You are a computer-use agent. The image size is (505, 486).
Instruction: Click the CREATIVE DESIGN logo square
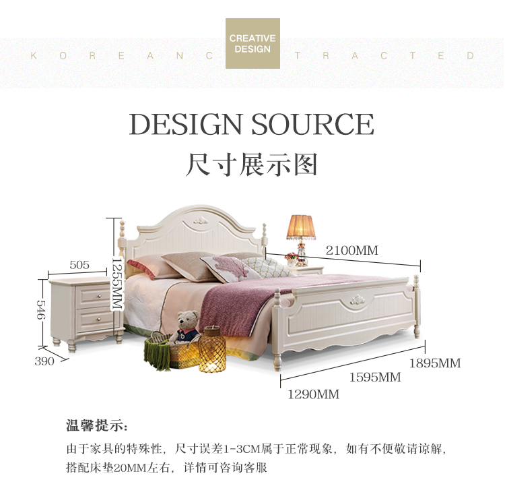click(x=252, y=43)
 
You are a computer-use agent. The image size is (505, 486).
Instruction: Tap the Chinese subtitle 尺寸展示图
click(x=251, y=164)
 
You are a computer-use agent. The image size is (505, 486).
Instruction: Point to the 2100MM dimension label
click(x=351, y=251)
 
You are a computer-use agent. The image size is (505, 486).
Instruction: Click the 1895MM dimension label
click(x=435, y=363)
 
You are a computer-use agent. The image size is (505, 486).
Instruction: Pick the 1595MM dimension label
click(x=374, y=377)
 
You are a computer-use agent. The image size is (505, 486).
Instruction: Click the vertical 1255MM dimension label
click(x=116, y=282)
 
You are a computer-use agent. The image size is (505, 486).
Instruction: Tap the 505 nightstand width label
click(x=79, y=265)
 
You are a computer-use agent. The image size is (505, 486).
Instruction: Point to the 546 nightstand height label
click(x=40, y=310)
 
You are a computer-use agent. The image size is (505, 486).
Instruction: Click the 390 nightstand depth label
click(x=44, y=361)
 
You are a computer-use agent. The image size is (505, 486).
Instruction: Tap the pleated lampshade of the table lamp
click(x=301, y=227)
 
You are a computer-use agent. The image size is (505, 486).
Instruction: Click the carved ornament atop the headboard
click(x=199, y=220)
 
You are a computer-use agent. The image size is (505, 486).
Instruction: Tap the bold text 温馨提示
click(x=96, y=426)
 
